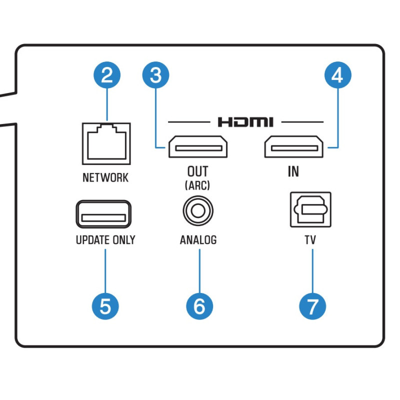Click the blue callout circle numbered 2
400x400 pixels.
click(x=106, y=75)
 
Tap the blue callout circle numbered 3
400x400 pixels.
click(x=156, y=75)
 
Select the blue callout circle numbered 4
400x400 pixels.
click(x=337, y=75)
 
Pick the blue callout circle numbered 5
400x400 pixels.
click(x=105, y=306)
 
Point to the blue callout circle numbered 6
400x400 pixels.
click(x=199, y=306)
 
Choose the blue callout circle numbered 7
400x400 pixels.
click(x=312, y=306)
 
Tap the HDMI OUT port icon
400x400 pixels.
click(x=197, y=147)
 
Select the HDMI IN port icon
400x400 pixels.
click(x=293, y=147)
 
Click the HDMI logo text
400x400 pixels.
click(x=245, y=121)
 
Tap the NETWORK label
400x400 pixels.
click(x=105, y=177)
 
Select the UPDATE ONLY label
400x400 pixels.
click(x=105, y=240)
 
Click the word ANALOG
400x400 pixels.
click(x=198, y=240)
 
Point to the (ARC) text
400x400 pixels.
click(x=197, y=185)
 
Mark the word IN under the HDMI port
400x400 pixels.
click(x=293, y=171)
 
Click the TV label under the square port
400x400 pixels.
click(x=310, y=240)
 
